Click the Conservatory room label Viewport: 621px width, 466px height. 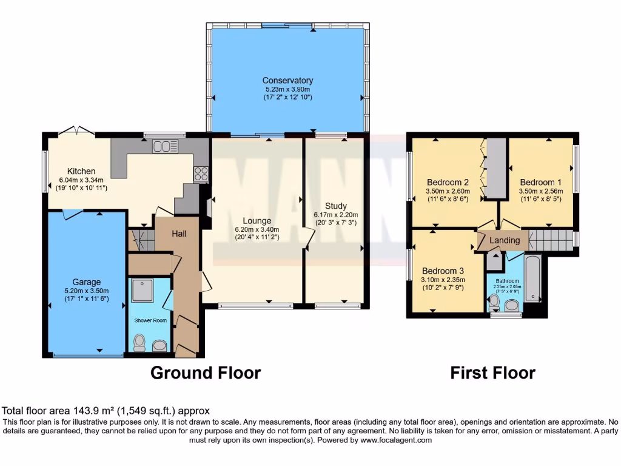point(287,81)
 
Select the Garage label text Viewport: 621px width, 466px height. point(87,282)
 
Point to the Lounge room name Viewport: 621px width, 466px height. point(257,221)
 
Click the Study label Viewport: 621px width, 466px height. point(335,206)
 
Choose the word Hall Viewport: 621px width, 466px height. point(178,234)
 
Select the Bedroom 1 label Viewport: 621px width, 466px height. point(537,182)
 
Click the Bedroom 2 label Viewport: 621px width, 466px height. point(448,182)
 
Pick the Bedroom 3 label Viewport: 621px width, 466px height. point(443,271)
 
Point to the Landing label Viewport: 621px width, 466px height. point(505,240)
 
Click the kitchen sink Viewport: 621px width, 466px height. point(165,146)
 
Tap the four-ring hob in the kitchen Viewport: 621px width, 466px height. point(201,174)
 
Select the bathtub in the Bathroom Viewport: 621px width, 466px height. point(532,279)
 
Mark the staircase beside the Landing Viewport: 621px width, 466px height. point(551,240)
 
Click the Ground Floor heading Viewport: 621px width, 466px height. point(206,373)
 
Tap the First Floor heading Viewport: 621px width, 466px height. point(492,373)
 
